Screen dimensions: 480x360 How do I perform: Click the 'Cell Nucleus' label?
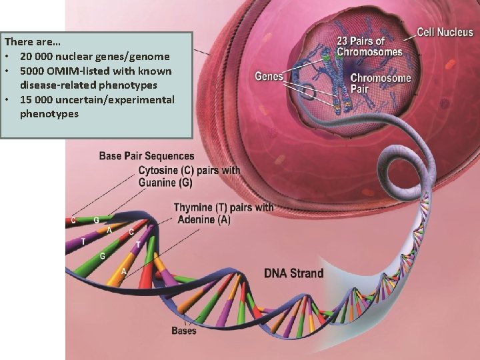click(x=445, y=31)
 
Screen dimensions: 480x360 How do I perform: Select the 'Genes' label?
click(x=269, y=77)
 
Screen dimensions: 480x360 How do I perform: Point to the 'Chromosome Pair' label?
click(x=381, y=83)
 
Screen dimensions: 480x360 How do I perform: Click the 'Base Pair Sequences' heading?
click(x=147, y=157)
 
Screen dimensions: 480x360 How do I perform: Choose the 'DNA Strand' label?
click(x=294, y=273)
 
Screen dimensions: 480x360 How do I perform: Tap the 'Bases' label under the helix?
click(x=183, y=330)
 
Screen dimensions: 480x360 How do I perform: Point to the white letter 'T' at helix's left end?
click(x=83, y=241)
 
